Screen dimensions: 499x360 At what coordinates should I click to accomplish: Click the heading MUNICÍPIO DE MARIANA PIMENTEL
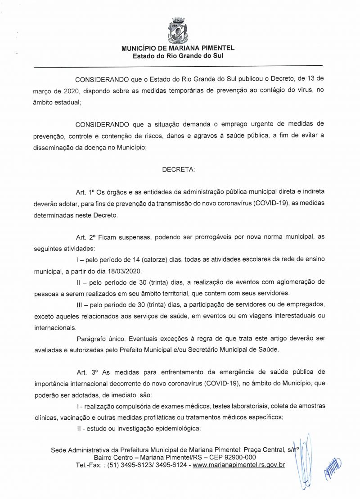click(178, 48)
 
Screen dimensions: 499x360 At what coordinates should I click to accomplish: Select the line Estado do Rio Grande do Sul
click(178, 56)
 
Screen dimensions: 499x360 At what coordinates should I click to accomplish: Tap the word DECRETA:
click(178, 170)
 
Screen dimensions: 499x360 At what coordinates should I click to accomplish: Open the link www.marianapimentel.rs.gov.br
click(238, 464)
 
